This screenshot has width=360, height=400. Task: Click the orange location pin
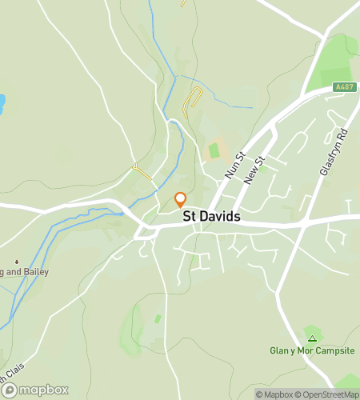[181, 200]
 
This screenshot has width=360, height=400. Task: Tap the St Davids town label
[212, 217]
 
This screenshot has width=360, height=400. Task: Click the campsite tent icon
[312, 330]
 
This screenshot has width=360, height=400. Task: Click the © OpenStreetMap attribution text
[327, 394]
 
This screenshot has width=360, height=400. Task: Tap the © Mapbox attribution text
[274, 394]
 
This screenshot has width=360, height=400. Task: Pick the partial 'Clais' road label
[13, 374]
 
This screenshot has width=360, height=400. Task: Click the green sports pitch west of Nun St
[214, 150]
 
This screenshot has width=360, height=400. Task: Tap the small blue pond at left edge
[2, 102]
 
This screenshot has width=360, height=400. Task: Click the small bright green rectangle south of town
[158, 318]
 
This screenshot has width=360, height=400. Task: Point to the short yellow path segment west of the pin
[142, 170]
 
